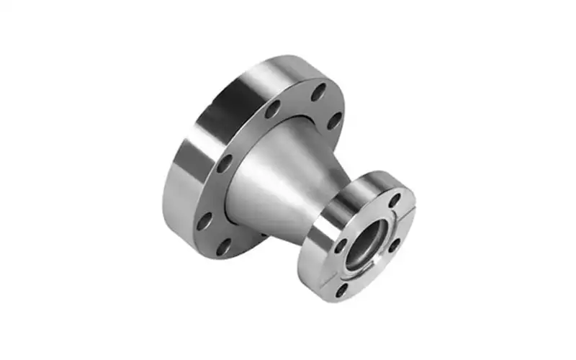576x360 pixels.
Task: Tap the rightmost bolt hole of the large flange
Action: point(335,121)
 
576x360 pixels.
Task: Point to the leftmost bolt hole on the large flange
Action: point(204,220)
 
